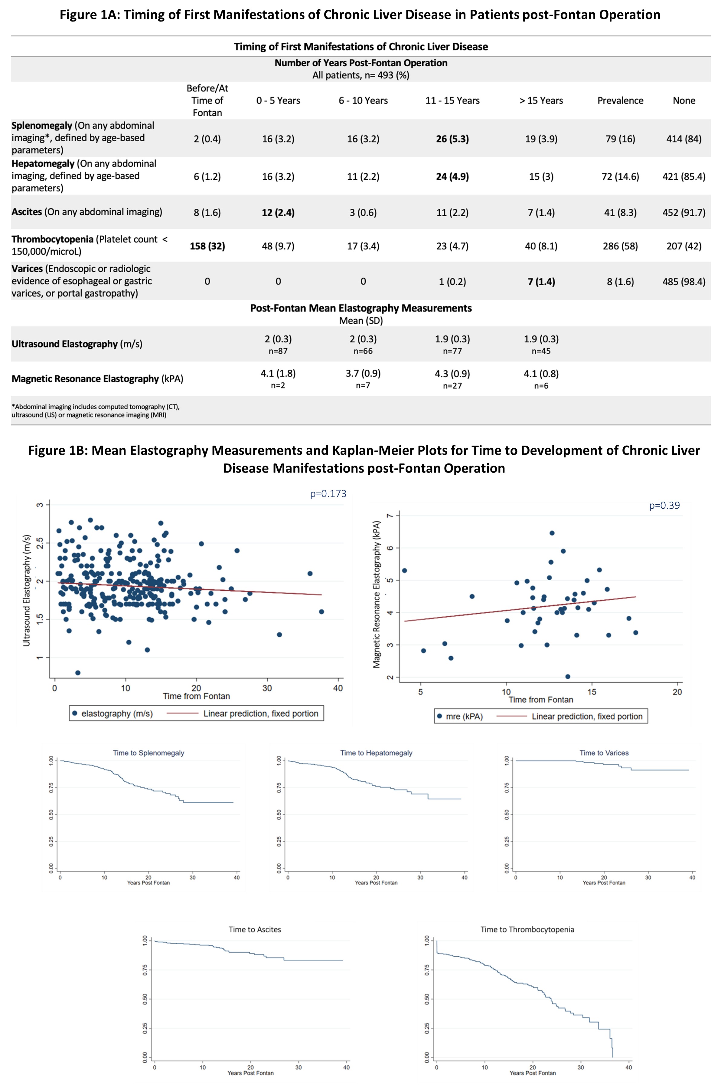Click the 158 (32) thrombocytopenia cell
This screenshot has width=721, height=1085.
click(x=207, y=246)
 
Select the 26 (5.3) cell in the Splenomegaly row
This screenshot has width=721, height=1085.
click(x=452, y=139)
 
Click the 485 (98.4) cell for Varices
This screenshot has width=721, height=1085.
click(x=684, y=282)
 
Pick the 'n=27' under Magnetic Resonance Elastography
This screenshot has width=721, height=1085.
click(x=452, y=386)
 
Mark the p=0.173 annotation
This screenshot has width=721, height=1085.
click(x=328, y=494)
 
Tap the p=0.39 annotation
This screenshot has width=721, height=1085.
click(x=664, y=505)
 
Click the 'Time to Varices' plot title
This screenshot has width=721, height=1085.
click(x=604, y=753)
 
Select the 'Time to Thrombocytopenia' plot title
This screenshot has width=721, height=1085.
click(x=527, y=929)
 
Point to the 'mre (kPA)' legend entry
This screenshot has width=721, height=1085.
click(x=464, y=717)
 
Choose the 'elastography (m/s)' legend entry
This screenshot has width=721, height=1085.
click(x=117, y=714)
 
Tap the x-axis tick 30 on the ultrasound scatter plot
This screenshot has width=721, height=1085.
click(x=267, y=688)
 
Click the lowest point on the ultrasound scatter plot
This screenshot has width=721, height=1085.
click(x=78, y=673)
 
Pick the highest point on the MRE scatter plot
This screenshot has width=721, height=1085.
click(x=552, y=533)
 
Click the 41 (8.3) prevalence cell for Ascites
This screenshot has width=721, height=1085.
click(x=620, y=213)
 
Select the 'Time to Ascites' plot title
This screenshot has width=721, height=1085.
click(x=255, y=929)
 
